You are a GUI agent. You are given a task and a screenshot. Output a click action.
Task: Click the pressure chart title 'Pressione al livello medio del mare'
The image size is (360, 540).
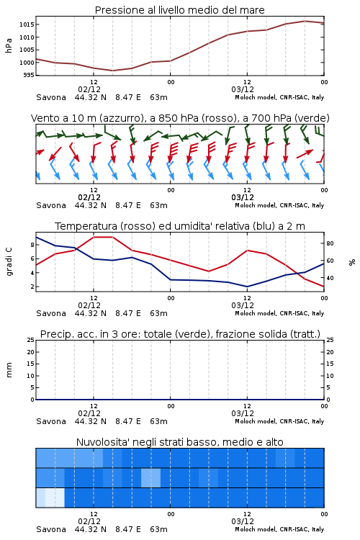click(179, 10)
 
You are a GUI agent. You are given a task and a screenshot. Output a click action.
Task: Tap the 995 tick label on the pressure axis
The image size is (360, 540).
click(28, 75)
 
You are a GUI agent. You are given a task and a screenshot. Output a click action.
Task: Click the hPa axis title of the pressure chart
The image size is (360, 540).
click(9, 45)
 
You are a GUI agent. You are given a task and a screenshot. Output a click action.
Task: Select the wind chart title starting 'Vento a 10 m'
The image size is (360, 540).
click(180, 118)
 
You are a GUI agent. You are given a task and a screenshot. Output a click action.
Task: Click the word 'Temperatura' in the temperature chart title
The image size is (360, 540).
click(86, 226)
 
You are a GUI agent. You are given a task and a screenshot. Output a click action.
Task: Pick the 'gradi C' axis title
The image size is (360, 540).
click(9, 262)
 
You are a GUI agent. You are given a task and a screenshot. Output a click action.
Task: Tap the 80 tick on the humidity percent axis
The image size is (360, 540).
click(330, 243)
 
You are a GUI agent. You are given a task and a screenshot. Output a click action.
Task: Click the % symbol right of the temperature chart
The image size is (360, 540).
click(352, 262)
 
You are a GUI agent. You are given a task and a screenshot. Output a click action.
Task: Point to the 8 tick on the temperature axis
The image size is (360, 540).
click(32, 245)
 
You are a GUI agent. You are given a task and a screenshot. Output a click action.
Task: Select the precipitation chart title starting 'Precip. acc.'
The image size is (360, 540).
click(180, 334)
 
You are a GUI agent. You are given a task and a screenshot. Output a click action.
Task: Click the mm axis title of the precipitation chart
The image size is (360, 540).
click(9, 370)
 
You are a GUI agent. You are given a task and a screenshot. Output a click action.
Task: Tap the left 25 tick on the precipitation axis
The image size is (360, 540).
click(30, 340)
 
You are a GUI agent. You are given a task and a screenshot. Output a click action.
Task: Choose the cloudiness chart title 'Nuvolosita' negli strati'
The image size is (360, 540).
click(179, 442)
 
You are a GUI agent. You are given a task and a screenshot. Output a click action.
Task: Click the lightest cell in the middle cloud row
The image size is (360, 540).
click(151, 477)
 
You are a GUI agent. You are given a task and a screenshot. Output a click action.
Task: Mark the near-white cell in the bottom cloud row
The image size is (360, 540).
click(55, 498)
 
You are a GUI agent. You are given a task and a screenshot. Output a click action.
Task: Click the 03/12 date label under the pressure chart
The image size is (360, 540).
click(243, 89)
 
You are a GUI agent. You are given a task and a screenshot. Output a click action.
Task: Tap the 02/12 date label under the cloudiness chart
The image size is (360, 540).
click(89, 521)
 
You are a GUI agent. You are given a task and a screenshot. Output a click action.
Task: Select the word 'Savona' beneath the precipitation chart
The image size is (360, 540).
click(51, 421)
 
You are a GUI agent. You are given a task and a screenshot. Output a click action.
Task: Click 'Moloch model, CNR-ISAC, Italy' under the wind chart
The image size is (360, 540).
click(279, 205)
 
